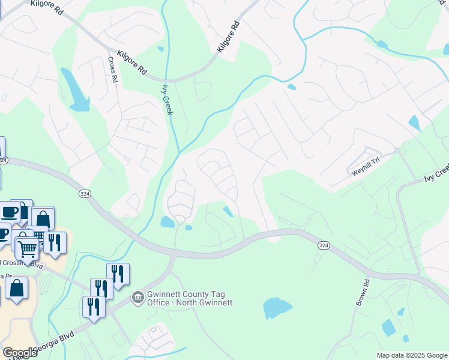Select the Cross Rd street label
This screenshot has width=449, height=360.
112,70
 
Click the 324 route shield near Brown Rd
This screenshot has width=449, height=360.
324,246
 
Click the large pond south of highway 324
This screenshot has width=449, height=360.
277,308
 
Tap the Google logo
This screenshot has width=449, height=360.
20,353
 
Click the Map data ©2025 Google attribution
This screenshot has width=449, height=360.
411,355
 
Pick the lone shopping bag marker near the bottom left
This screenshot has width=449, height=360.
17,289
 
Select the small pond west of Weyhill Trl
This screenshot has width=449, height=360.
414,123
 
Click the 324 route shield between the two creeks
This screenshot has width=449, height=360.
84,193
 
